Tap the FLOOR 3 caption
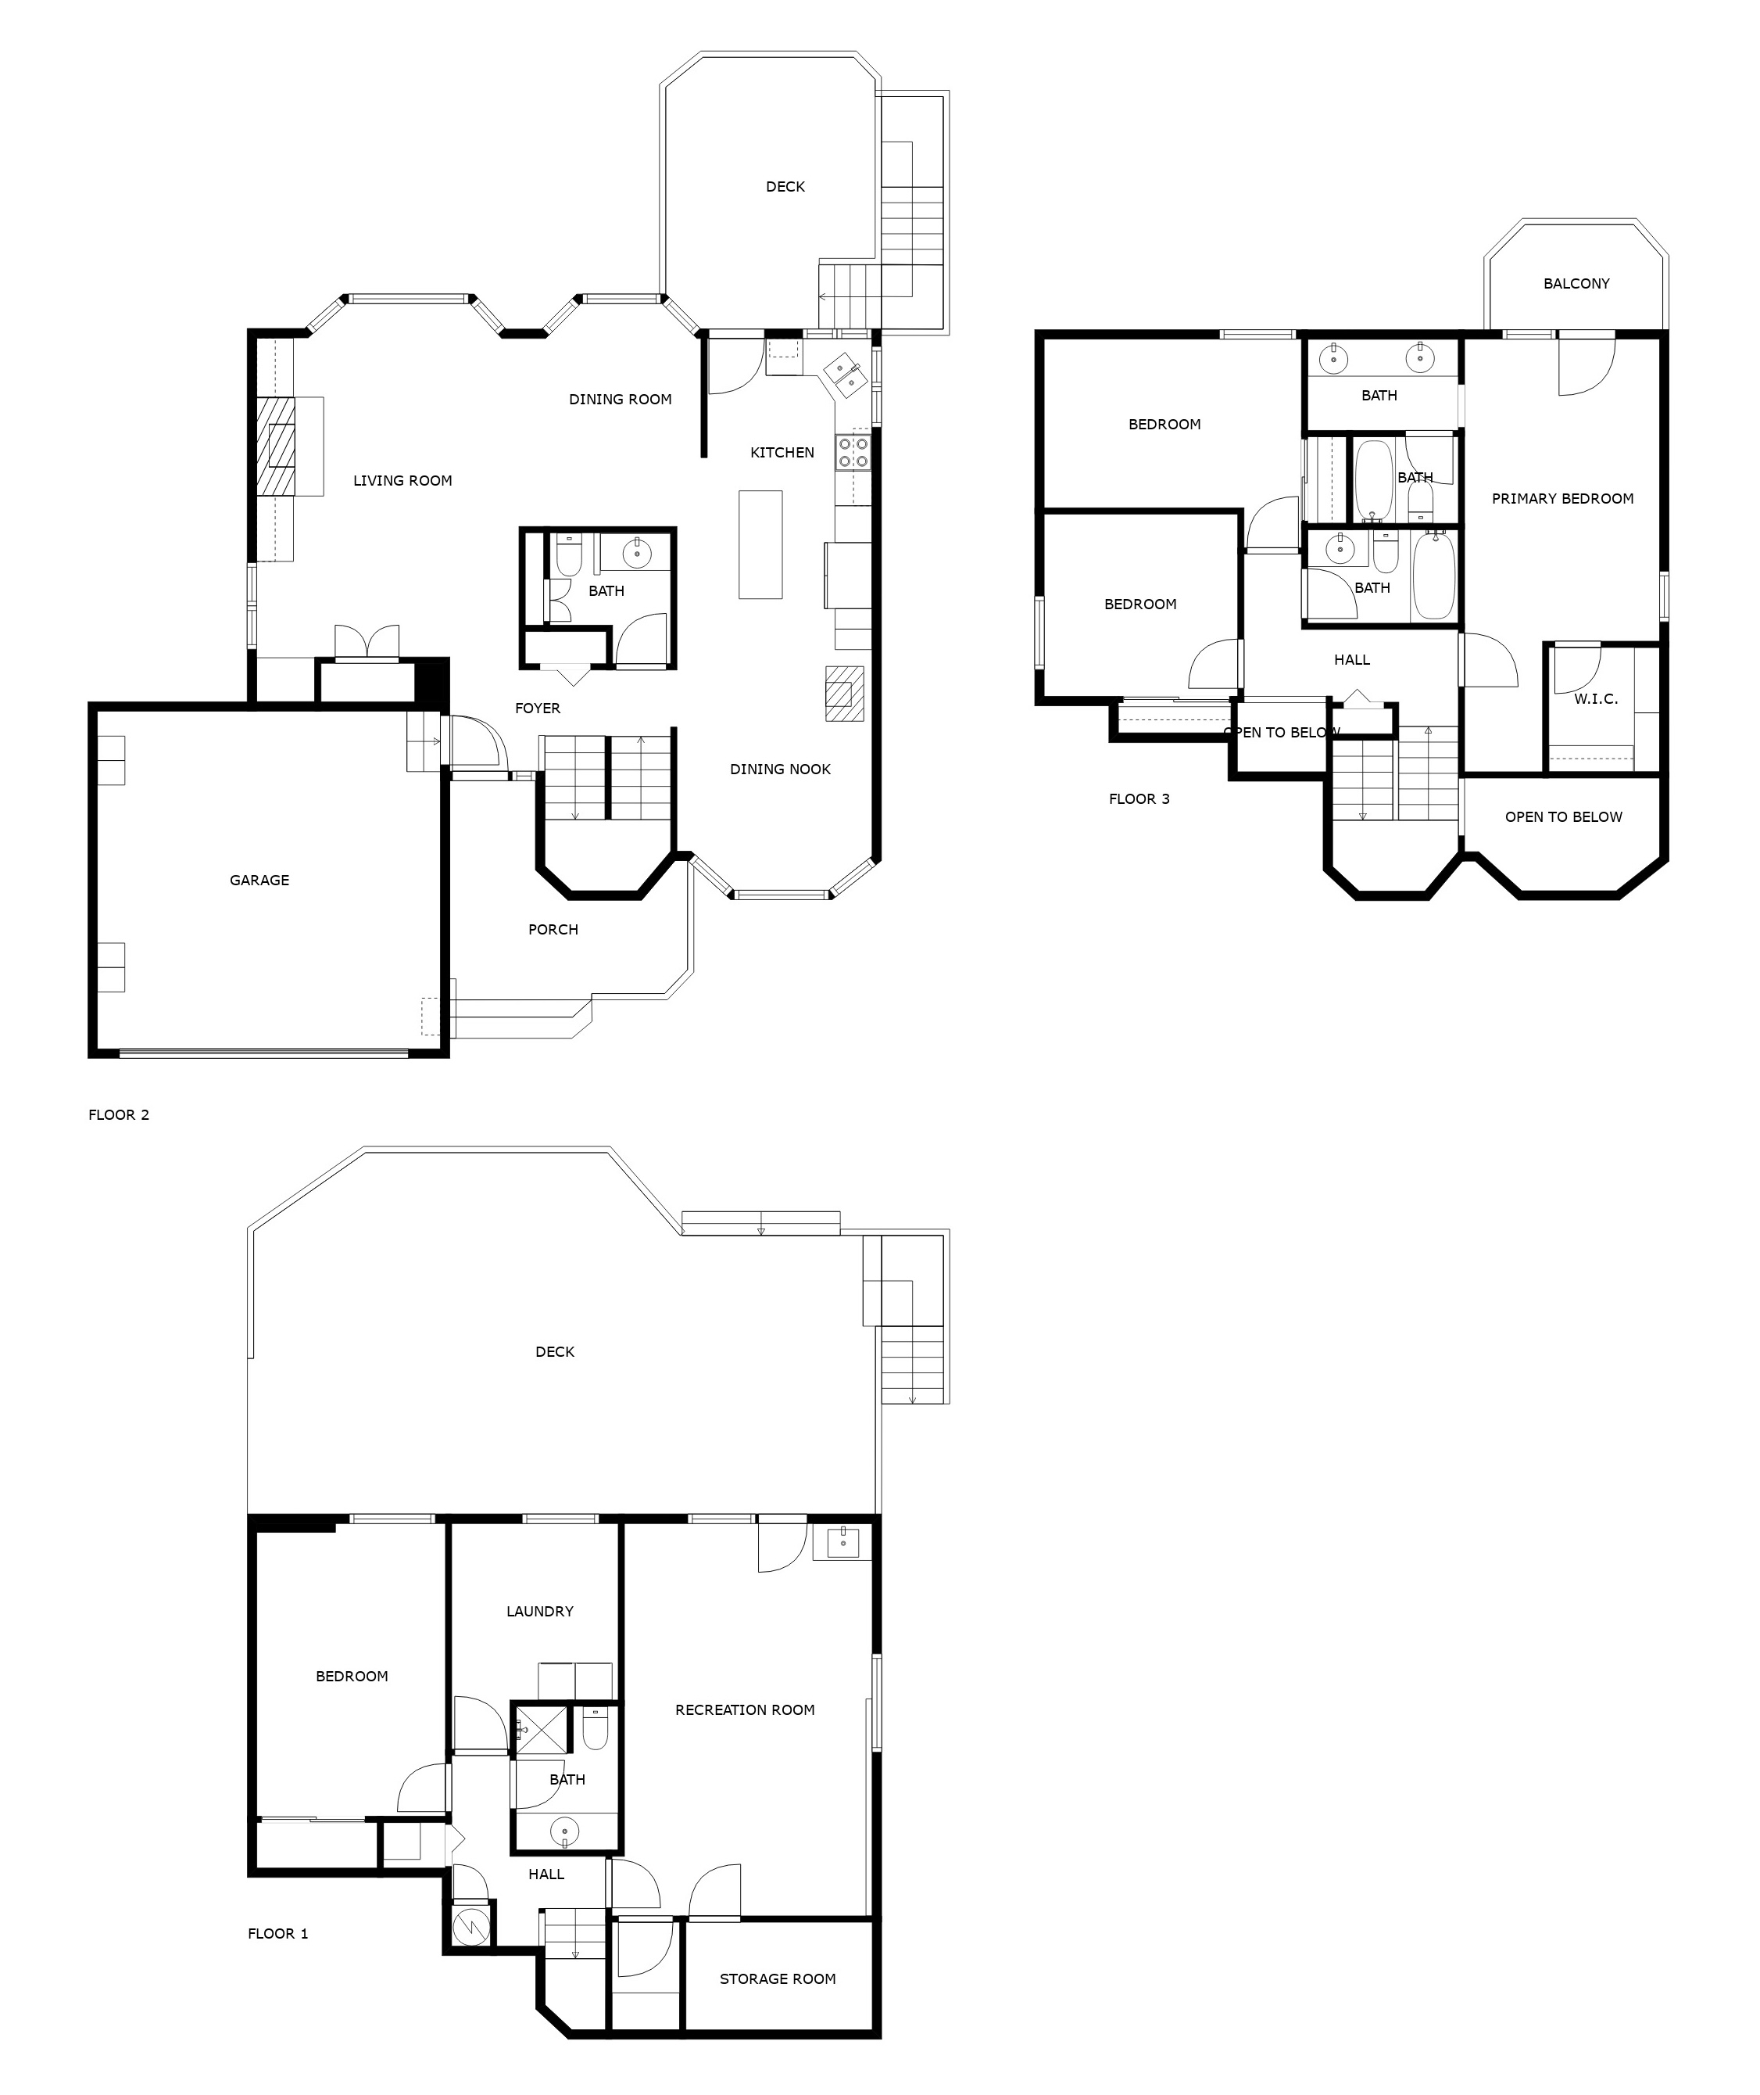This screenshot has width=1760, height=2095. coord(1139,798)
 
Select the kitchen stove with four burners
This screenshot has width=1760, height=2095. coord(853,452)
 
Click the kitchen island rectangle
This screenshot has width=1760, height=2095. coord(760,544)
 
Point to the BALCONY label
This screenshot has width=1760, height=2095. coord(1576,283)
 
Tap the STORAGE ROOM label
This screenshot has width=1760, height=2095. coord(778,1978)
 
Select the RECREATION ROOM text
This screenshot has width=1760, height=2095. coord(744,1709)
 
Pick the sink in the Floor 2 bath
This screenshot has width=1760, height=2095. coord(636,551)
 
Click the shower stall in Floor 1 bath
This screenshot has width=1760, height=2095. coord(540,1730)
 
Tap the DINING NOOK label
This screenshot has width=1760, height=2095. coord(779,769)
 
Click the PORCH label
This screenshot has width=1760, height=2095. coord(553,929)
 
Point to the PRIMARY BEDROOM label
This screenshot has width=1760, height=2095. coord(1561,498)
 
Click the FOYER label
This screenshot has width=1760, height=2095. coord(537,708)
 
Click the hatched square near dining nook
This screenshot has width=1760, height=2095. coord(844,693)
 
